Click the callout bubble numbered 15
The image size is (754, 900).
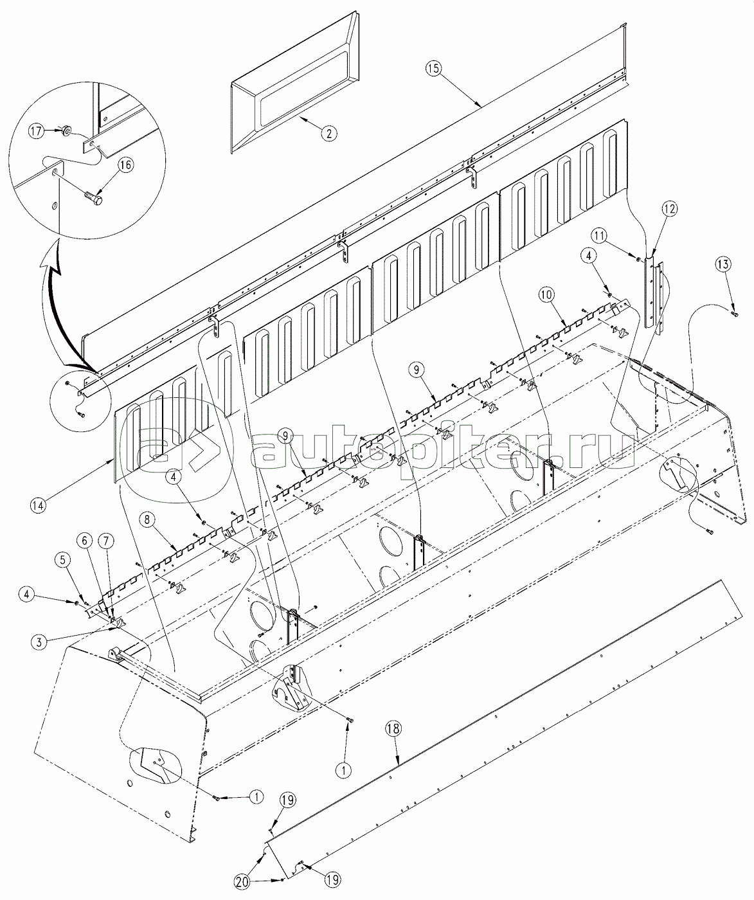click(434, 69)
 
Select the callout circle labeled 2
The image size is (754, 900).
click(329, 133)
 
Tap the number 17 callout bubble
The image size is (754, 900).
click(36, 131)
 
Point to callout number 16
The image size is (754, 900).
click(127, 165)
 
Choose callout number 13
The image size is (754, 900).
click(723, 264)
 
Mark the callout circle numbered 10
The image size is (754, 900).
click(546, 295)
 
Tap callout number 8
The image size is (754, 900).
click(147, 520)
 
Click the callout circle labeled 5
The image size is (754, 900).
click(63, 561)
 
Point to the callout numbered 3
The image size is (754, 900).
click(39, 642)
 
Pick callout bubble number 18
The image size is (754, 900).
click(393, 729)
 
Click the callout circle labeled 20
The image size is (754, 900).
click(243, 881)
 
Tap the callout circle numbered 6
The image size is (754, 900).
click(84, 541)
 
